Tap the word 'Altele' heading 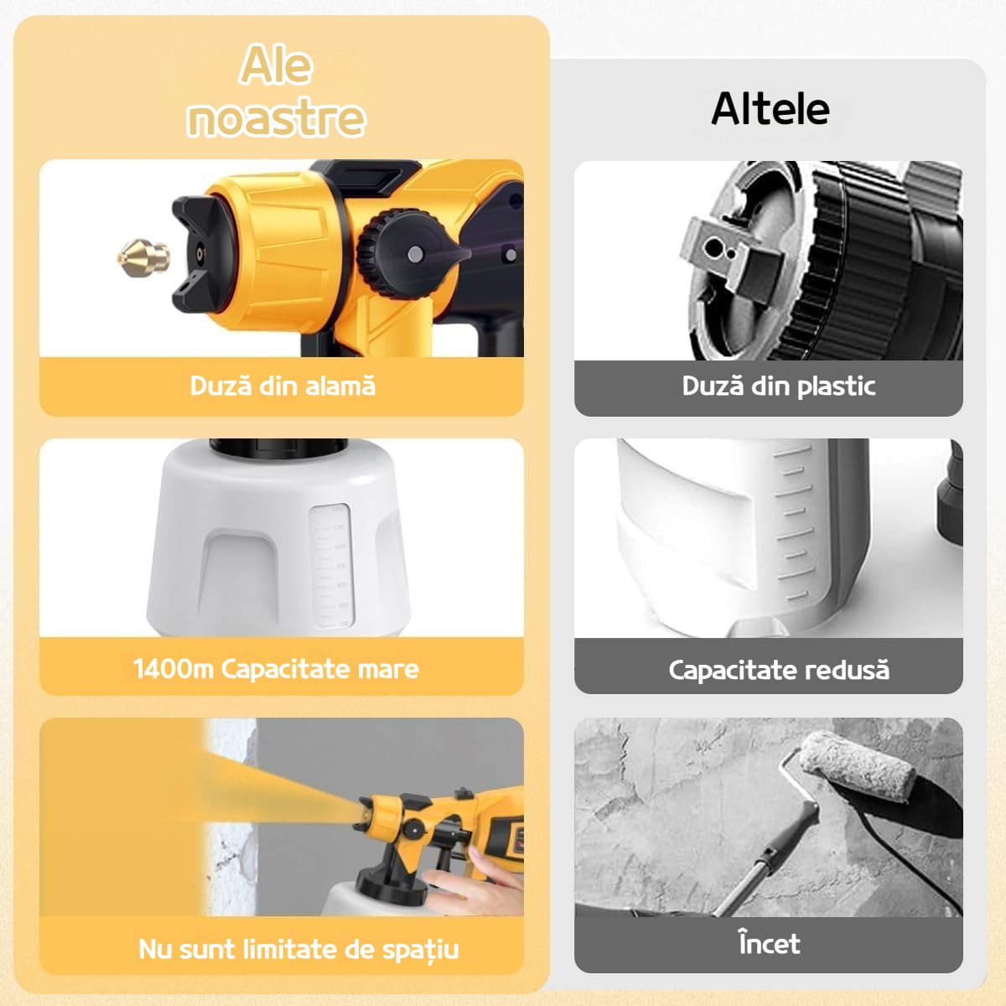[x=770, y=109]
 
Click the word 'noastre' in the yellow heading [x=276, y=118]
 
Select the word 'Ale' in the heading [x=276, y=65]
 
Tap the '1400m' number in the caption [x=174, y=669]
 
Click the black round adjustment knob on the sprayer [x=405, y=254]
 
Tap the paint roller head [x=855, y=766]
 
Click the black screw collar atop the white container [x=278, y=447]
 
